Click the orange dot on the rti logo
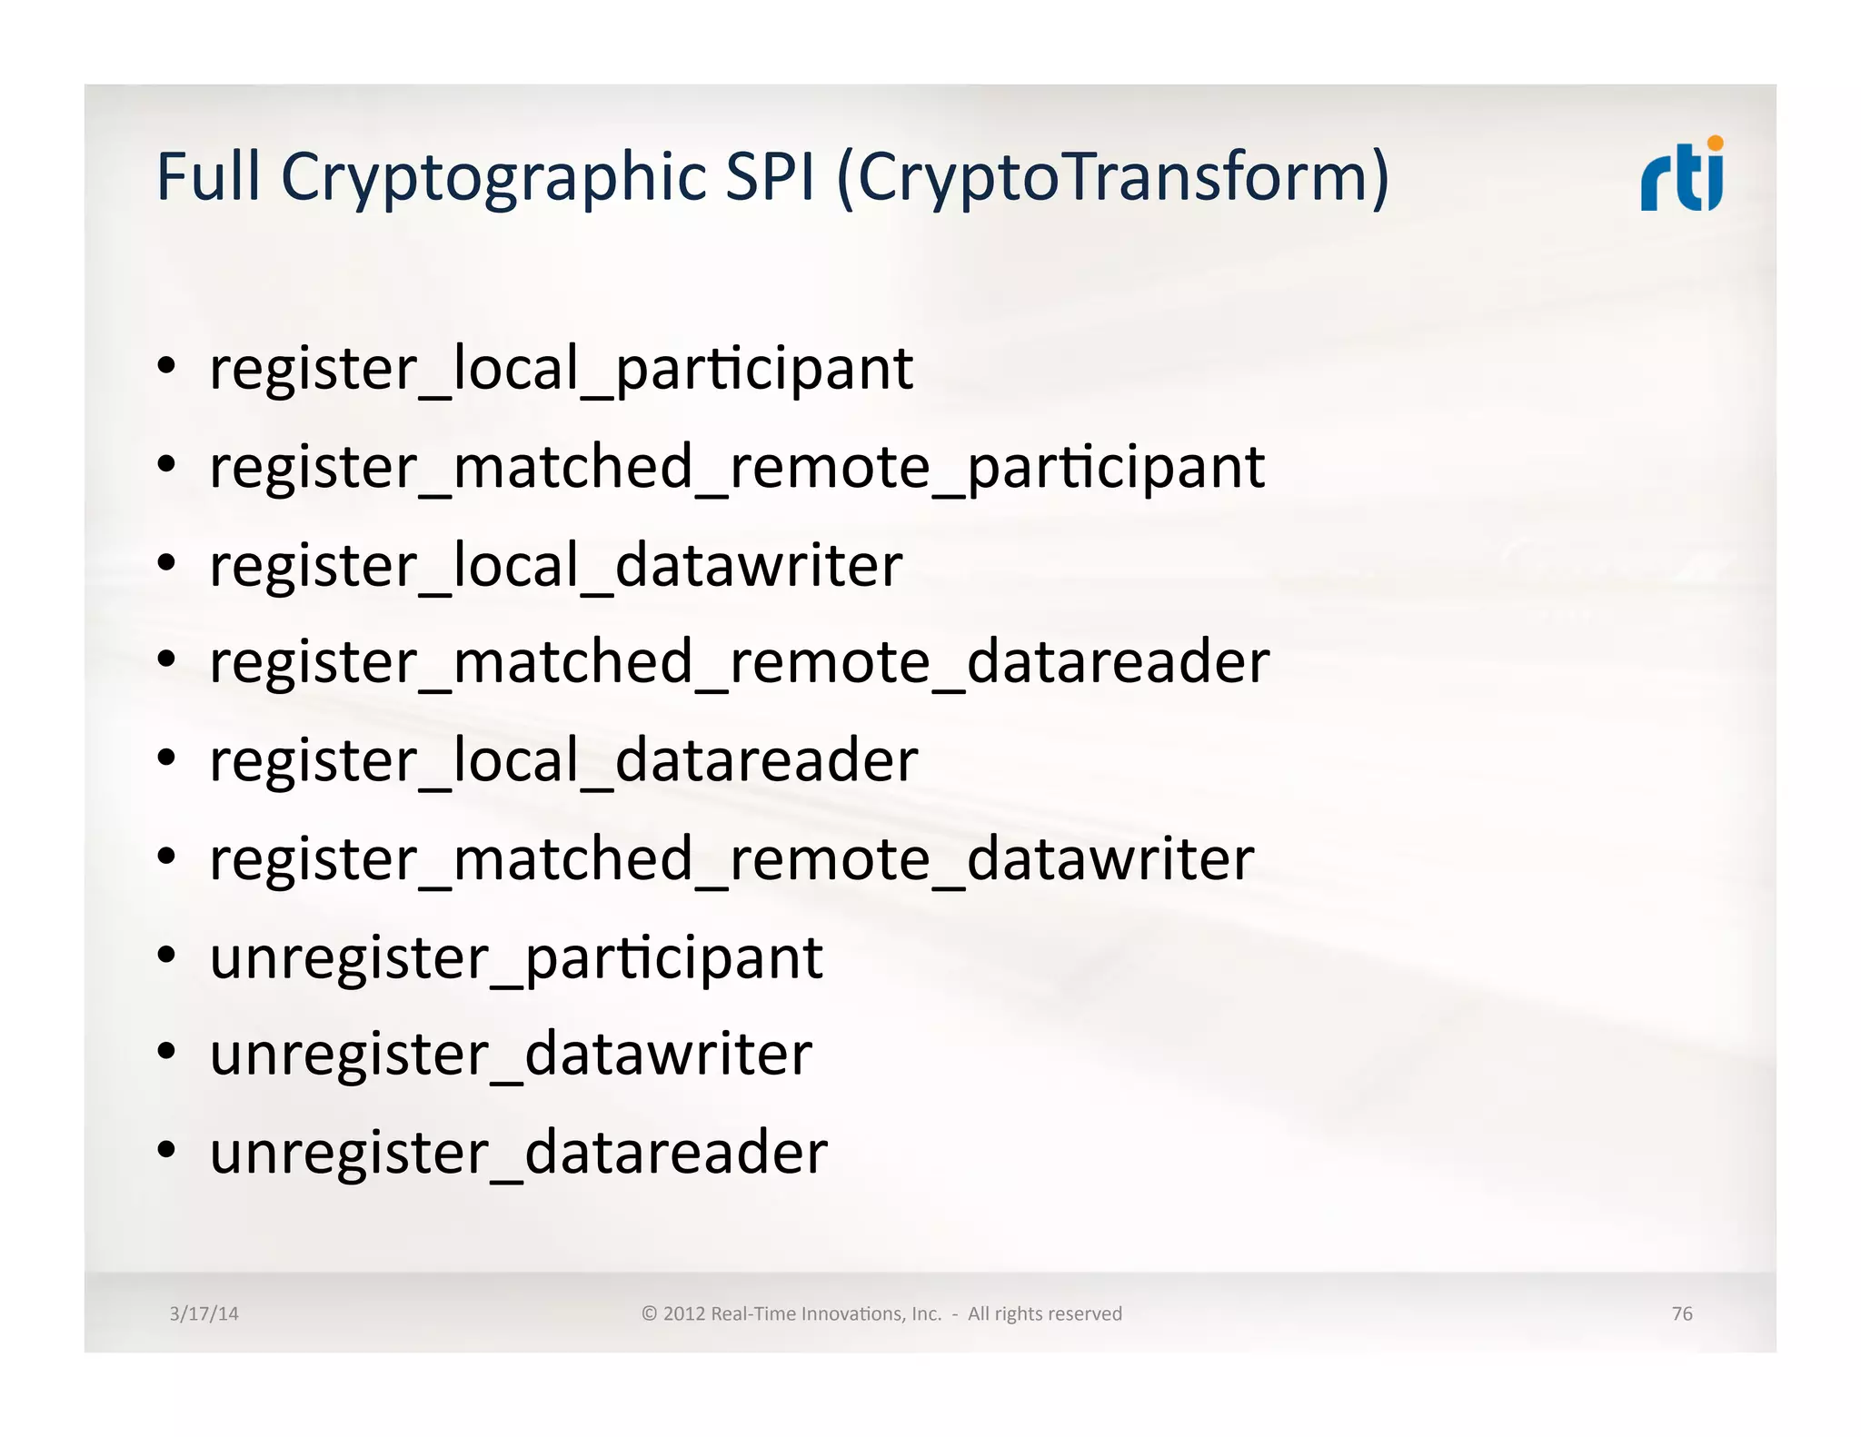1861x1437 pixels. click(1715, 143)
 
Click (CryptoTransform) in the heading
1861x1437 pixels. click(1112, 177)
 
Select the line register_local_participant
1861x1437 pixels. click(561, 369)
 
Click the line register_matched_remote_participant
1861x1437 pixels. click(736, 467)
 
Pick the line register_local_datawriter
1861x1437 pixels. click(555, 565)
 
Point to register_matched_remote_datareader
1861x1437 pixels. click(739, 662)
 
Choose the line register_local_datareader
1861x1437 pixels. click(563, 760)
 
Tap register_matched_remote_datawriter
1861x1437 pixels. click(731, 858)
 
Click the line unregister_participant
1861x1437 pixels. click(515, 957)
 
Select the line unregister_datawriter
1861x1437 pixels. click(510, 1055)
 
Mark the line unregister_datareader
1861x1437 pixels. click(518, 1153)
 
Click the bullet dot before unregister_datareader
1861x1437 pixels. click(165, 1151)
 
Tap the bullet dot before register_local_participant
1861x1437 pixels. click(165, 367)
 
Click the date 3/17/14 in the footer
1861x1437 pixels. click(204, 1313)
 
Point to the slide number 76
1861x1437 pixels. click(1681, 1313)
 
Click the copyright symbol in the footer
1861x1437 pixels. click(649, 1313)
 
